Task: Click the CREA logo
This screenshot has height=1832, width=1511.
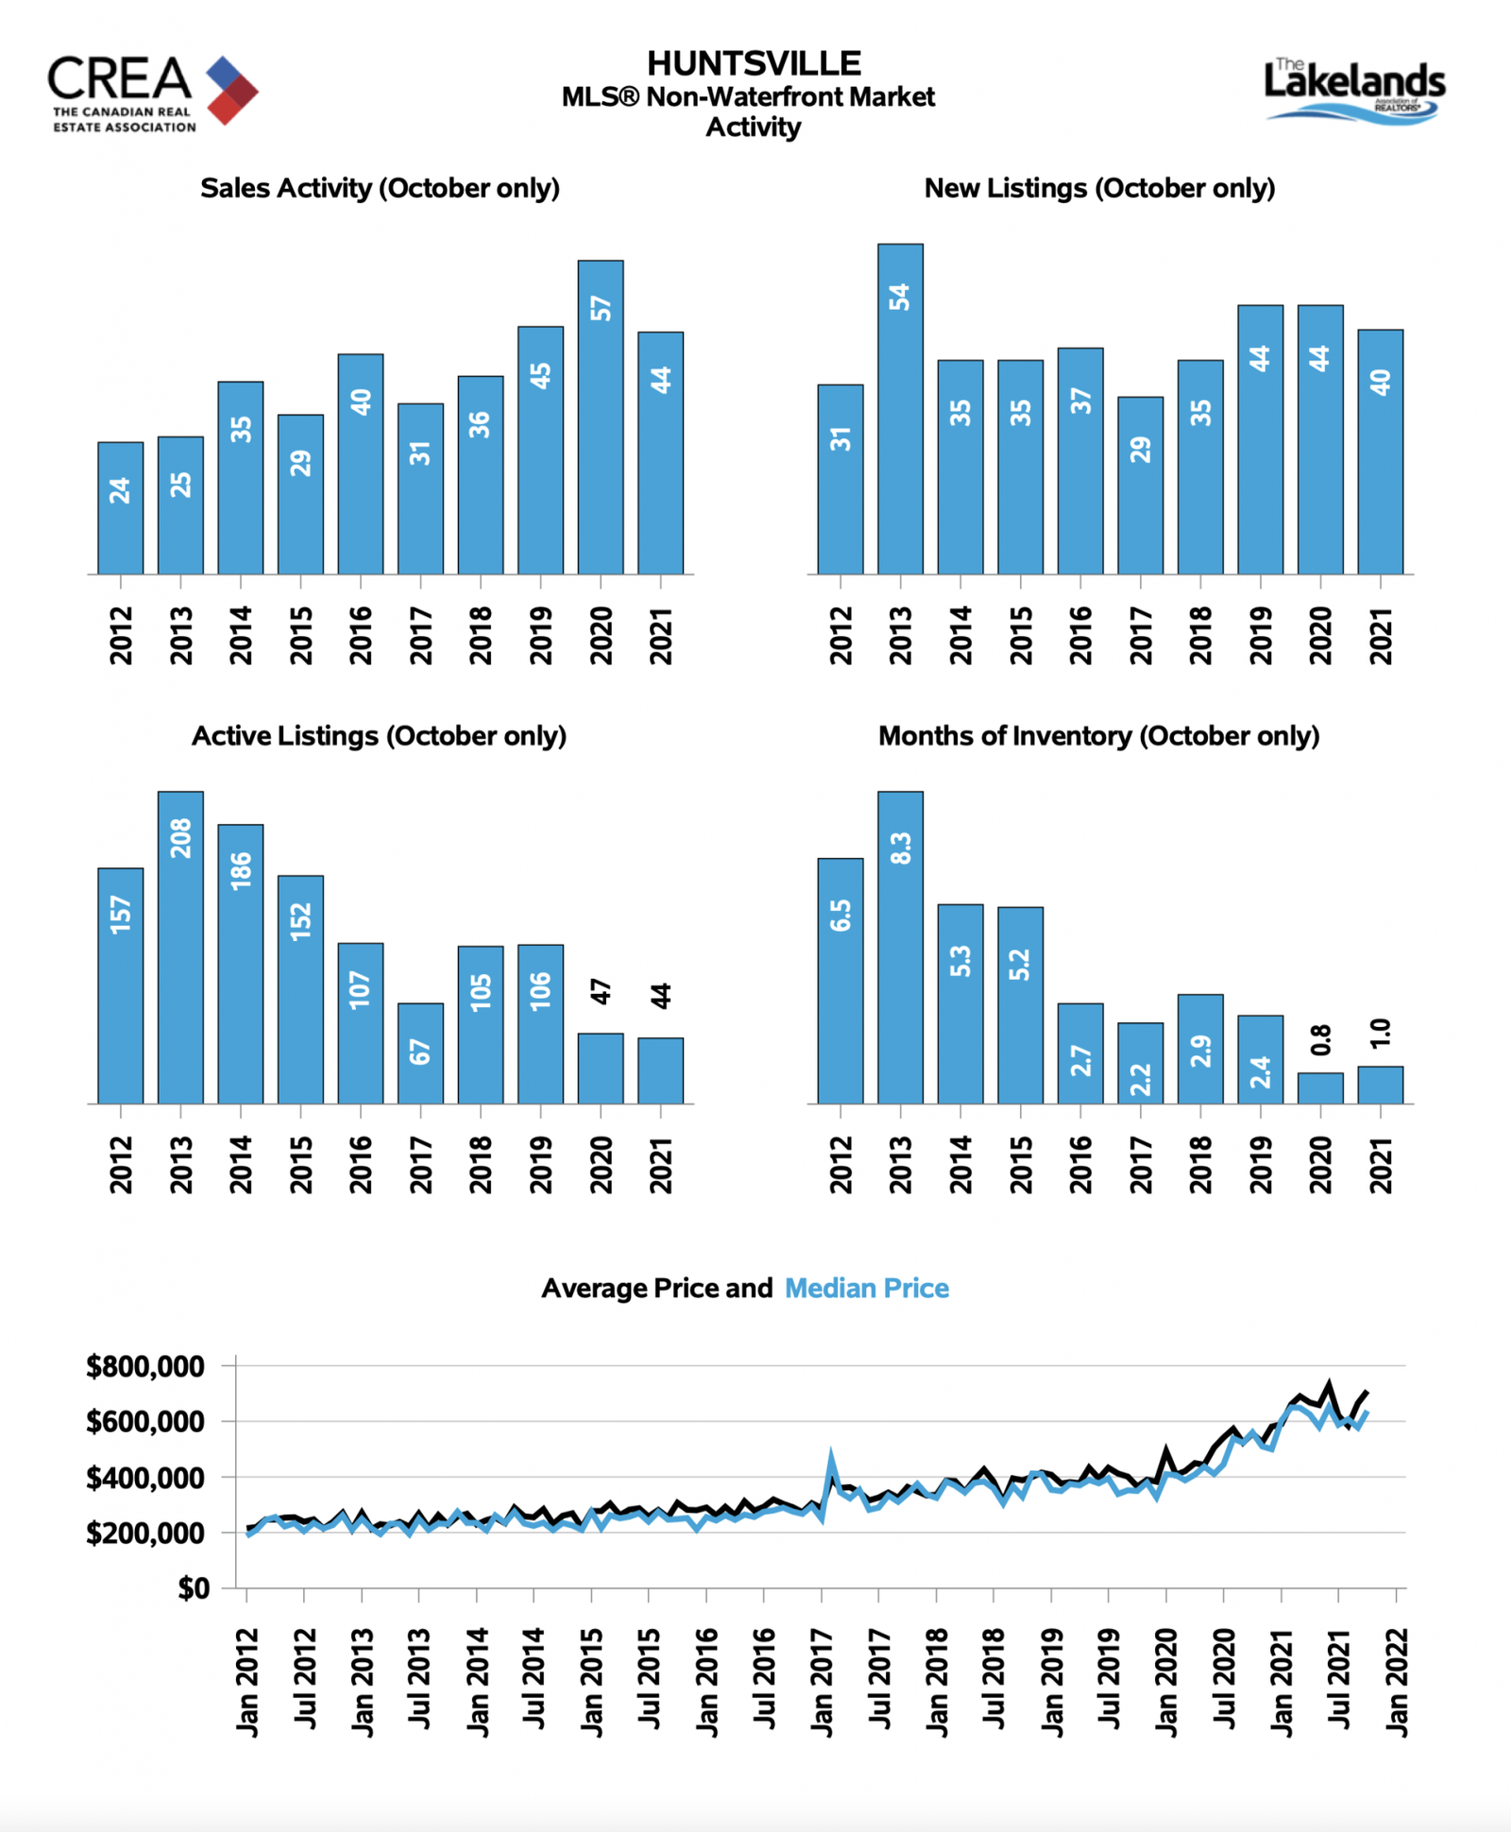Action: (153, 94)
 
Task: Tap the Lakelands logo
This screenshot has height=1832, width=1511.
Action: (1354, 91)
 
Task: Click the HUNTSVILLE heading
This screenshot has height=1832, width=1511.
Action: (754, 63)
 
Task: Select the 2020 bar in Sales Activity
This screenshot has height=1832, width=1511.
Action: (601, 417)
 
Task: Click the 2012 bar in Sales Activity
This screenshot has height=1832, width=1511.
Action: (121, 507)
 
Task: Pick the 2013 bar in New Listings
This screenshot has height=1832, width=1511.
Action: (900, 409)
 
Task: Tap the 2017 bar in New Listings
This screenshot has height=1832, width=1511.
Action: (1140, 485)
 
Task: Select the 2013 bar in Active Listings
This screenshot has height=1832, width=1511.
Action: (180, 947)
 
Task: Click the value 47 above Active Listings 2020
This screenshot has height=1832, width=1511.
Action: (602, 992)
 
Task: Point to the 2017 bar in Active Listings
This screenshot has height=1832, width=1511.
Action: (420, 1053)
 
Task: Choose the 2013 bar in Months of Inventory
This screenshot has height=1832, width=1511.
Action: (900, 947)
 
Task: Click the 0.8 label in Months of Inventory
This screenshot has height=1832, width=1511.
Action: (1321, 1039)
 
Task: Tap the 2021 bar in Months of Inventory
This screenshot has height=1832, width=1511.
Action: (1381, 1085)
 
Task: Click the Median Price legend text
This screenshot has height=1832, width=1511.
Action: (867, 1288)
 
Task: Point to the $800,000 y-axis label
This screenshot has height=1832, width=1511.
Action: (145, 1366)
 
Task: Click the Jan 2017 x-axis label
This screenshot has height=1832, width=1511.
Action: (823, 1682)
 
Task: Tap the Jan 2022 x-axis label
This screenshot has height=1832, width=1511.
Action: (1397, 1682)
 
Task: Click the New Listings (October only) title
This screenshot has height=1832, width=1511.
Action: (1099, 188)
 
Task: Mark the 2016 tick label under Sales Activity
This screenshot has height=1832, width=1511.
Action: (361, 636)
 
